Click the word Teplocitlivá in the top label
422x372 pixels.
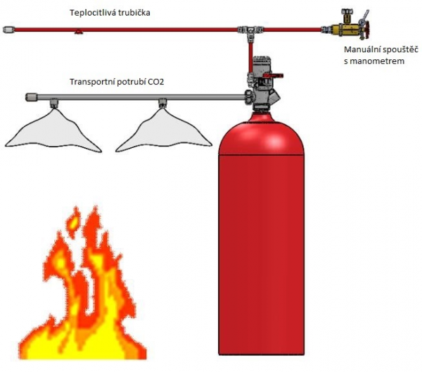pos(91,13)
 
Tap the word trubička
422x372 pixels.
pos(134,13)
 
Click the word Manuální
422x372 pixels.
pos(363,49)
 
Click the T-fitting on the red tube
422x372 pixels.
pos(248,30)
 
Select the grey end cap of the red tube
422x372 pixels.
pos(8,29)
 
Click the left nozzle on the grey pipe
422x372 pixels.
pos(53,104)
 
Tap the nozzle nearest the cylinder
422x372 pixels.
pos(163,104)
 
